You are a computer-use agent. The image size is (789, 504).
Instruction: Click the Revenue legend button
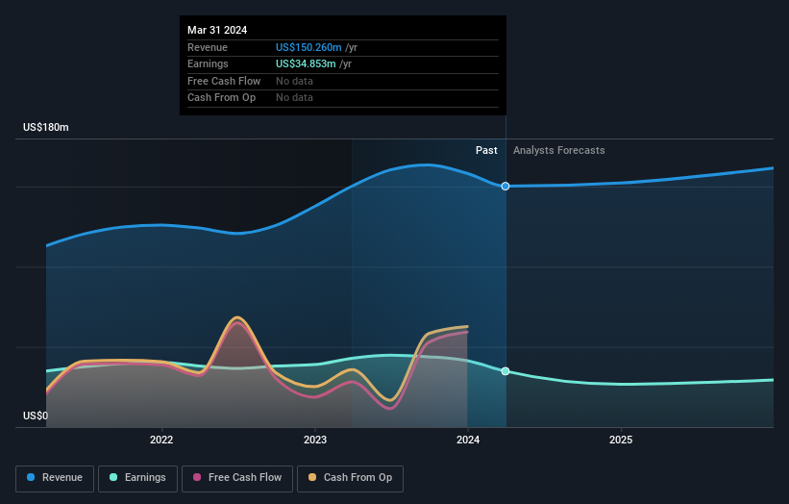[56, 477]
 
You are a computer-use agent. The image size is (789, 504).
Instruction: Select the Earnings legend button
[137, 477]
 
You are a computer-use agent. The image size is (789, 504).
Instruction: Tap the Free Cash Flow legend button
[237, 477]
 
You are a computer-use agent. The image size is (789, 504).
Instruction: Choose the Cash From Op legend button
[350, 477]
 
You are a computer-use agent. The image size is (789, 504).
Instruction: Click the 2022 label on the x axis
[161, 441]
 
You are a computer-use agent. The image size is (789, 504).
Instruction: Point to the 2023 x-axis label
[315, 441]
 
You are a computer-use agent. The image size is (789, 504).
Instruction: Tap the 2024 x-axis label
[468, 441]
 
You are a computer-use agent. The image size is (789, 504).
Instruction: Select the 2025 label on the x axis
[621, 441]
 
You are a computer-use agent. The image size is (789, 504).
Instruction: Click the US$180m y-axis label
[46, 127]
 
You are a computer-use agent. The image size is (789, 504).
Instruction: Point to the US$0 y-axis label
[36, 416]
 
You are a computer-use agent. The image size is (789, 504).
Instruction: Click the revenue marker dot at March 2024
[505, 186]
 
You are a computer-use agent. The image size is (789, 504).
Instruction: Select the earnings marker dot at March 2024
[505, 371]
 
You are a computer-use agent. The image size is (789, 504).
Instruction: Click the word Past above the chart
[486, 150]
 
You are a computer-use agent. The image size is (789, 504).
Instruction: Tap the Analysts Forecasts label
[559, 150]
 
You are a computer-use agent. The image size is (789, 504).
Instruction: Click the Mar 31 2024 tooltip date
[217, 30]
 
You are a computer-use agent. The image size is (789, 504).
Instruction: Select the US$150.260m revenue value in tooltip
[308, 47]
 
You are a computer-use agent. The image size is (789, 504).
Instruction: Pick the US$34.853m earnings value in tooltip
[306, 63]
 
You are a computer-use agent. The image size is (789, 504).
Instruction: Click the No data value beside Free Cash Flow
[294, 81]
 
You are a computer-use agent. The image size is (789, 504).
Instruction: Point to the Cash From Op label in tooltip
[221, 97]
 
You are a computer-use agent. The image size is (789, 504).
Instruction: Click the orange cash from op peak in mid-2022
[237, 317]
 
